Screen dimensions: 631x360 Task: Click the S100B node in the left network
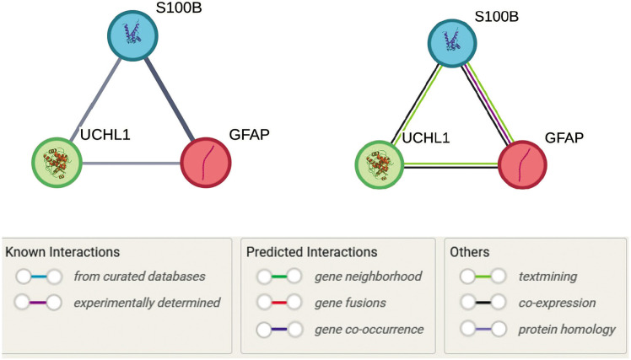(132, 36)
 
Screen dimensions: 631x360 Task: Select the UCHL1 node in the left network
(57, 163)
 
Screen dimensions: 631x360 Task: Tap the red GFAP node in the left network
(206, 163)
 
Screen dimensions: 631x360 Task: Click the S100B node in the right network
(452, 44)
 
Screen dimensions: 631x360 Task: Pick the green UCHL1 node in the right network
(379, 164)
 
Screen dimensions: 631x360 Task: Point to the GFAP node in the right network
(522, 164)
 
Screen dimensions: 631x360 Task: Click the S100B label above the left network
(179, 8)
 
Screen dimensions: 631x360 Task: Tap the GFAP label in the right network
(564, 138)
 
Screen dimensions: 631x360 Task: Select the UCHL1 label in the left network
(105, 135)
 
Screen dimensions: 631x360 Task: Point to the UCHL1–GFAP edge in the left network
(132, 164)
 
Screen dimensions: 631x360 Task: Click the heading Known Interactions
(62, 252)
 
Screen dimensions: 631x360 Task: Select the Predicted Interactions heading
(312, 252)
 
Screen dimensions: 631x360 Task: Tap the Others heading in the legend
(470, 252)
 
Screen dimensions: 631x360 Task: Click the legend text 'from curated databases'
(139, 277)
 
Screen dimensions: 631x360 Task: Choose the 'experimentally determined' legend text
(147, 303)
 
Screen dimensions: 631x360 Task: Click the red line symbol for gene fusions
(279, 303)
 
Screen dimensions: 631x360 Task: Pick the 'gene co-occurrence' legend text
(369, 330)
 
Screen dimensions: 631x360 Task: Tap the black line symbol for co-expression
(483, 303)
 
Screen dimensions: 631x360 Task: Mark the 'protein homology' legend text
(567, 330)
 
